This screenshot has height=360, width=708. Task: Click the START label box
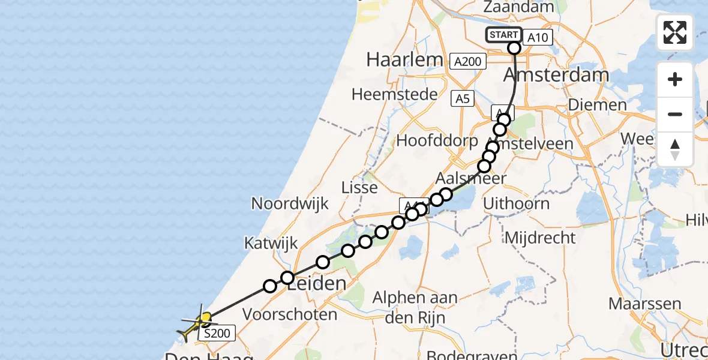click(503, 35)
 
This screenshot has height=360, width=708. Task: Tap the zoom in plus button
click(675, 79)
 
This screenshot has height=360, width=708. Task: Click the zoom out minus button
click(675, 114)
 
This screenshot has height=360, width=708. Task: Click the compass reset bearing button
click(675, 149)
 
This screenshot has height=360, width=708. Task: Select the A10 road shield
click(537, 38)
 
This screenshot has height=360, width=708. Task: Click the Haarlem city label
click(404, 59)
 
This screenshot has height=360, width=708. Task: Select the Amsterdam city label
click(556, 75)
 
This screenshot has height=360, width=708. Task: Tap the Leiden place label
click(316, 284)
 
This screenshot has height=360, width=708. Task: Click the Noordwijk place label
click(290, 203)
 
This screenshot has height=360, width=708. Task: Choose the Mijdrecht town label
click(540, 238)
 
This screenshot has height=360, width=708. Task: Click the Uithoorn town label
click(524, 203)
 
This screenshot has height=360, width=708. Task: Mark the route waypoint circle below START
click(514, 49)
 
